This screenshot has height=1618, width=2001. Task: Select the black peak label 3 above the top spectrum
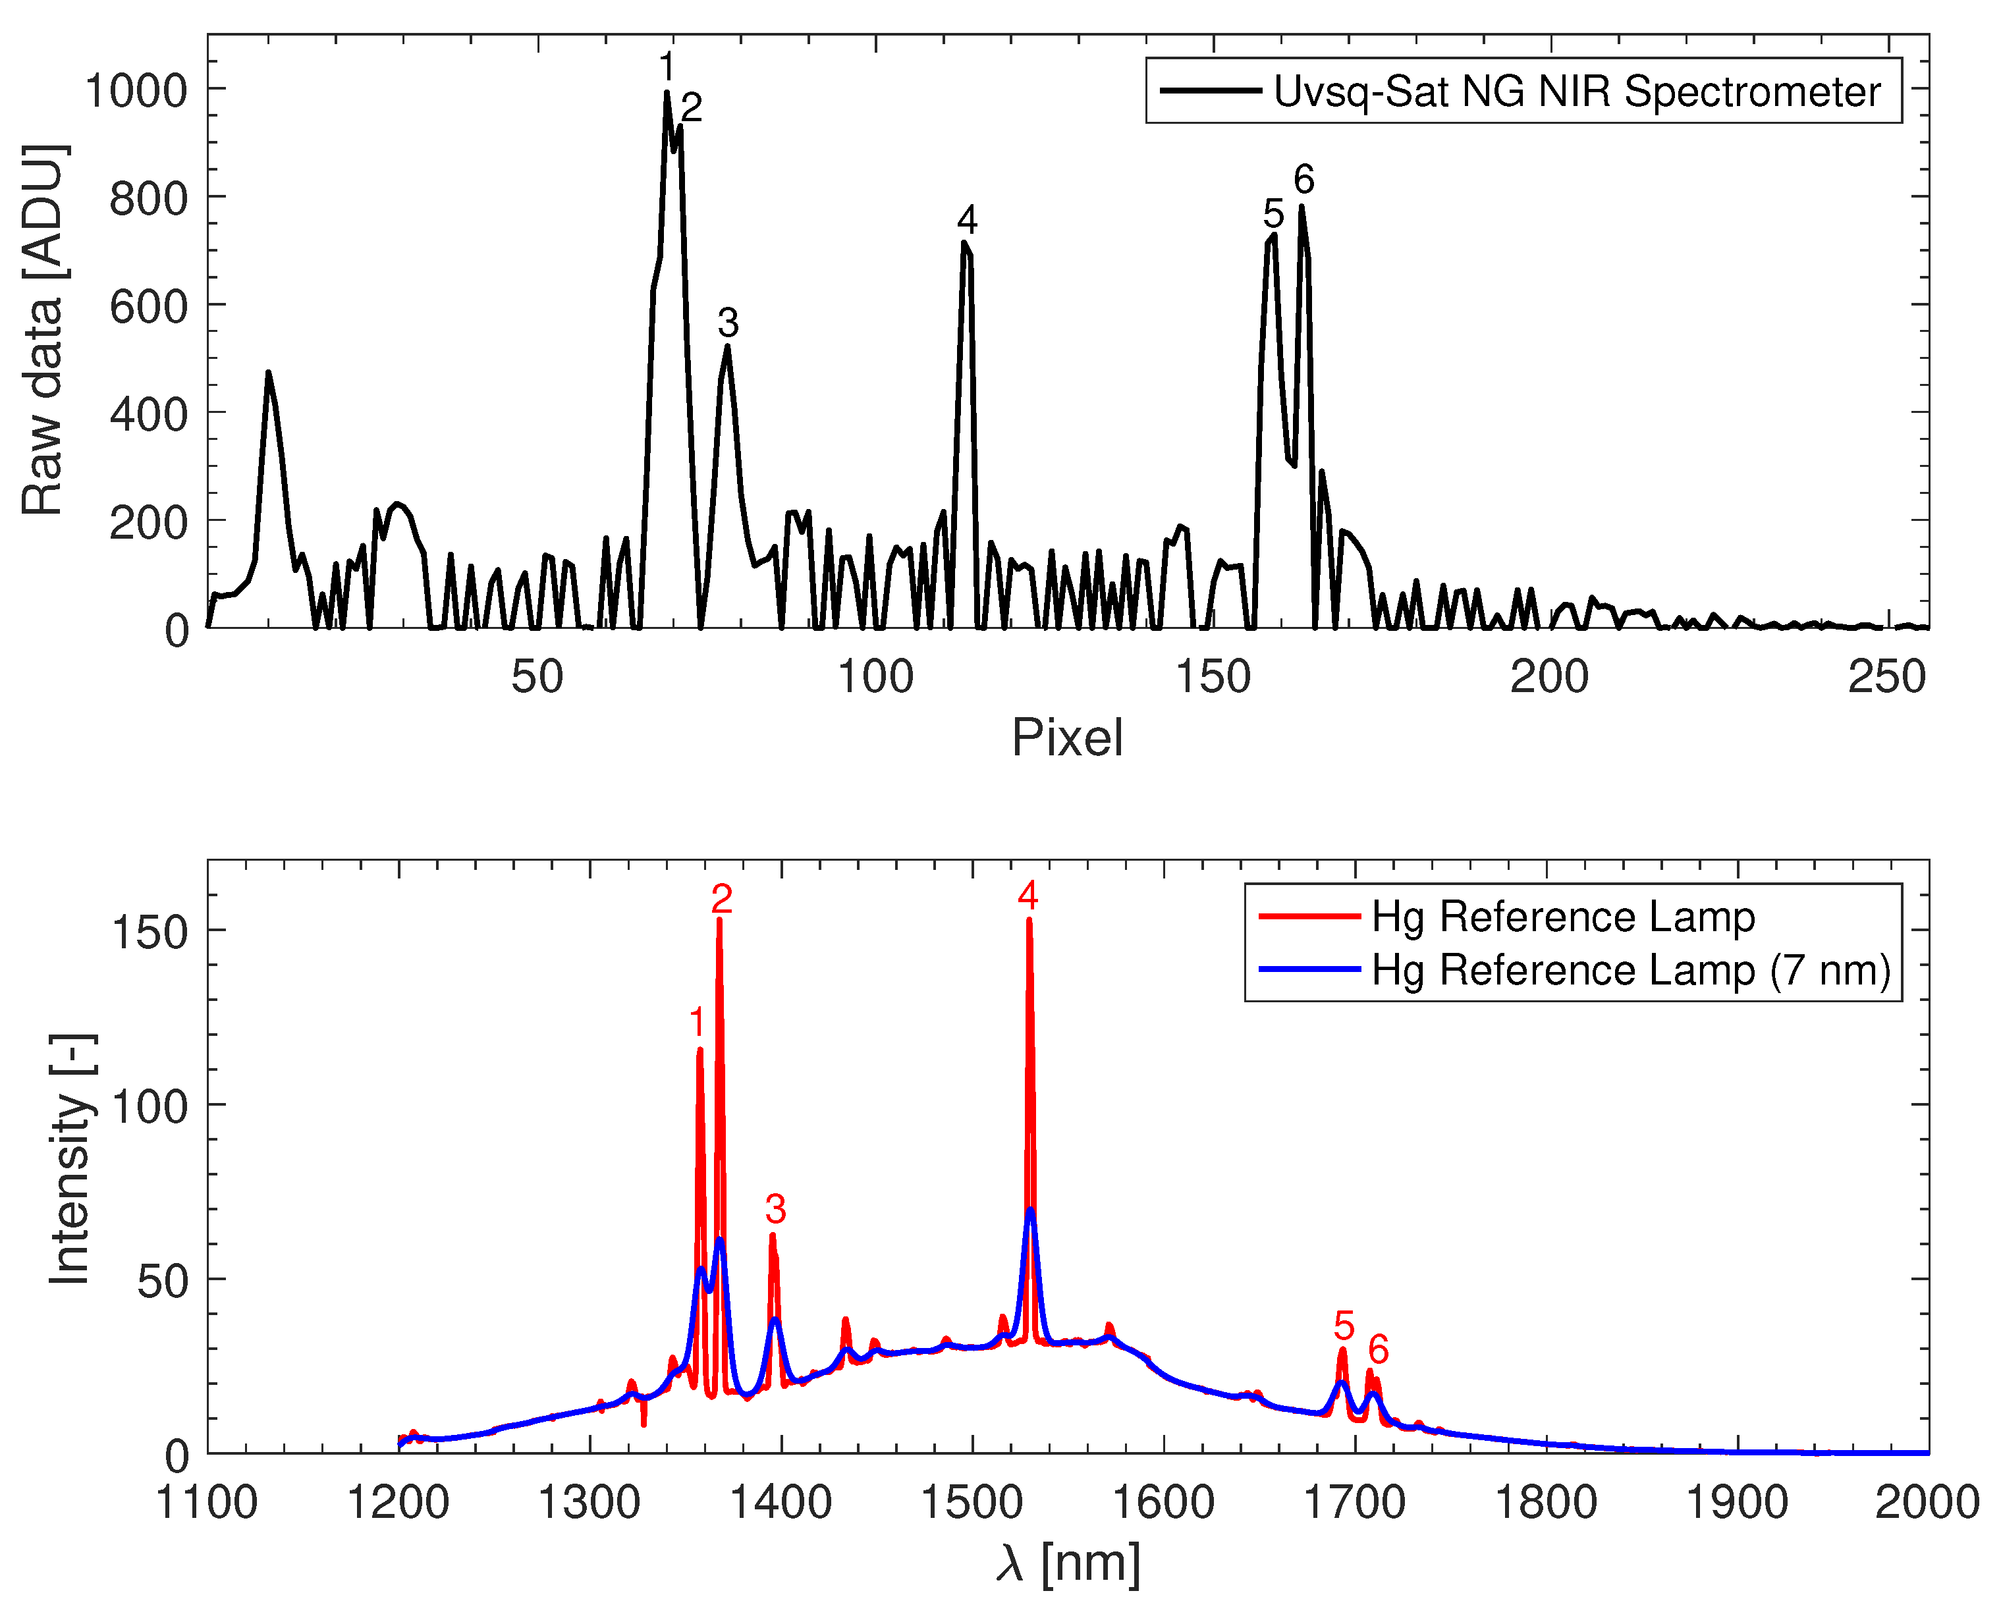tap(728, 323)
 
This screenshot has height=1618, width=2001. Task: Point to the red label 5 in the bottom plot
tap(1343, 1326)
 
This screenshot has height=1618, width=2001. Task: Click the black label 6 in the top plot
tap(1303, 179)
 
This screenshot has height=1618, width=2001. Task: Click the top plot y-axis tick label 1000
tap(136, 92)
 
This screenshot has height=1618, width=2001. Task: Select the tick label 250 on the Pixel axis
tap(1886, 678)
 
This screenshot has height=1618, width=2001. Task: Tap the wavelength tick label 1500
tap(972, 1503)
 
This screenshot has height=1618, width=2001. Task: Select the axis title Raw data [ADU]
tap(44, 331)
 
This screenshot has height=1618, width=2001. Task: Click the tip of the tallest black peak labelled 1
tap(667, 92)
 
